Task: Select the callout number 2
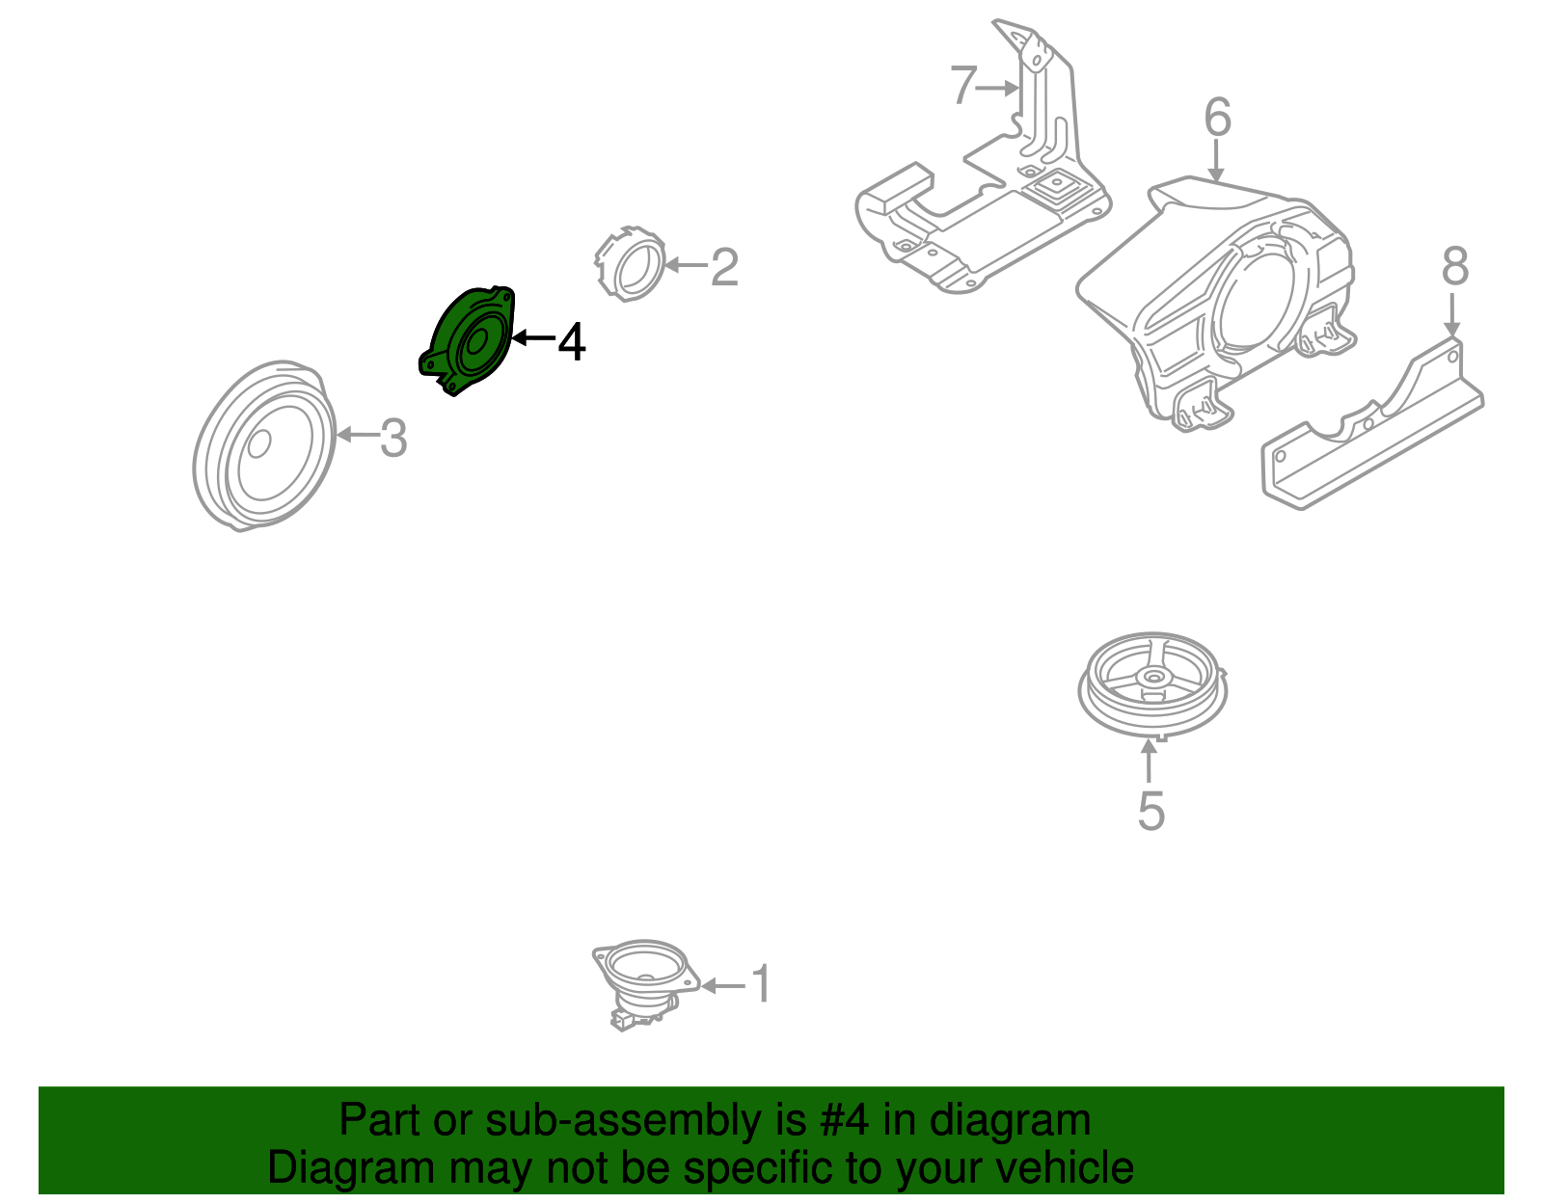724,267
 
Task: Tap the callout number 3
393,438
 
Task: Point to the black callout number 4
572,342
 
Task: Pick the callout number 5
1151,811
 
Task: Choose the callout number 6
1217,117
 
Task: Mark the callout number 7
963,85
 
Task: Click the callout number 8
1455,266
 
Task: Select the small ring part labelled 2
629,264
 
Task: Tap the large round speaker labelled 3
264,444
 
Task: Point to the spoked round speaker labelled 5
1152,684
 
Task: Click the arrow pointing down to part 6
1216,160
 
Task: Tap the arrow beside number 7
998,88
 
